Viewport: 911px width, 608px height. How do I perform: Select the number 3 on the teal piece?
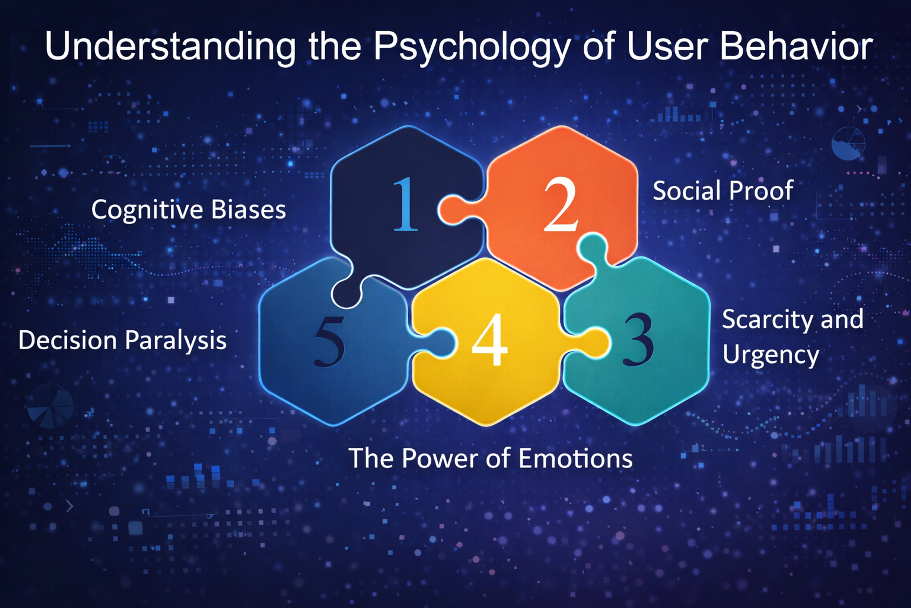tap(638, 340)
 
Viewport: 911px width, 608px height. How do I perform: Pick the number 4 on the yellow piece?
tap(490, 340)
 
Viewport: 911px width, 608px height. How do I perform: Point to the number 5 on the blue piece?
tap(329, 341)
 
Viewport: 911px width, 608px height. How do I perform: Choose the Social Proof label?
tap(723, 190)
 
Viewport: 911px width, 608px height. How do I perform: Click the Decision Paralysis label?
tap(122, 340)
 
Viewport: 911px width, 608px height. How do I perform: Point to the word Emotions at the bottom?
tap(575, 458)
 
